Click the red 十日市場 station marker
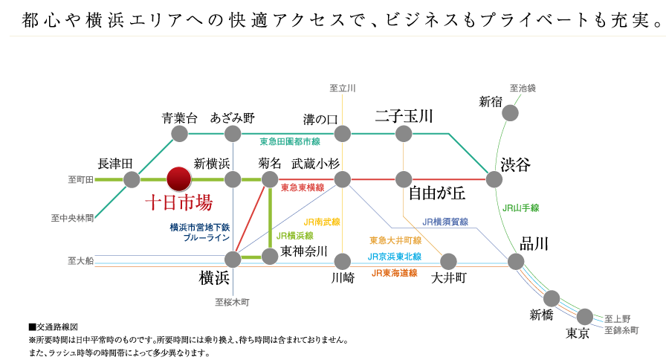tap(179, 179)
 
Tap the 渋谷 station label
tap(515, 164)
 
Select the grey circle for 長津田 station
tap(132, 179)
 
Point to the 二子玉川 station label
tap(404, 116)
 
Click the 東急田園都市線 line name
tap(290, 141)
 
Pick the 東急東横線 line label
tap(303, 188)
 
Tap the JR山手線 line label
tap(521, 208)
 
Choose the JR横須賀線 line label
tap(445, 222)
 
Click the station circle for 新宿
tap(510, 112)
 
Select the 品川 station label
tap(534, 244)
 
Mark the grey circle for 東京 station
tap(585, 316)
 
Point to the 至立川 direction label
tap(342, 89)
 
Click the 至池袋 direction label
tap(523, 88)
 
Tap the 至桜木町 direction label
tap(232, 302)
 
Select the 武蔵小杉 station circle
tap(342, 179)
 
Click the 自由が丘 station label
tap(436, 194)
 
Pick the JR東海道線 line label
tap(395, 273)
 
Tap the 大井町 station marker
tap(448, 261)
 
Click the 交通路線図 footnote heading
tap(56, 327)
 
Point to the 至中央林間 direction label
tap(73, 218)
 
